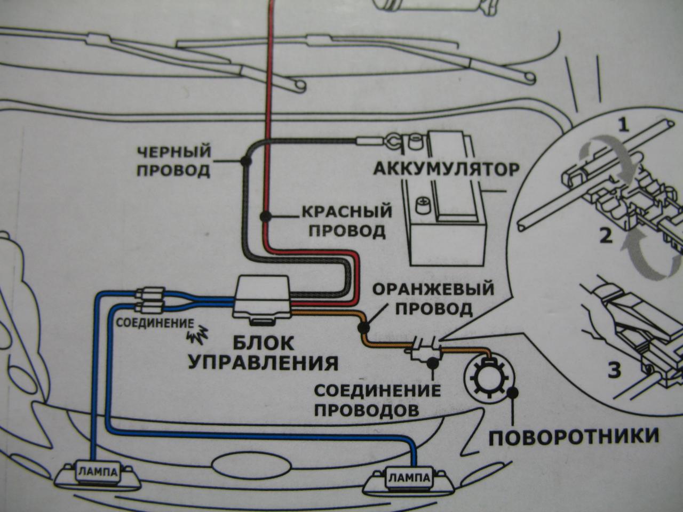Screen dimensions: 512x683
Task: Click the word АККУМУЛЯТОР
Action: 446,170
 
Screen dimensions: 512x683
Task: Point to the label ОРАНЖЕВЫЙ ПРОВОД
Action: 433,299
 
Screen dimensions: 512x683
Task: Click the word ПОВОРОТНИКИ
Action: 574,437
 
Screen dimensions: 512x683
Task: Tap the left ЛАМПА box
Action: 94,471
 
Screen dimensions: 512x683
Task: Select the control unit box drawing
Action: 263,299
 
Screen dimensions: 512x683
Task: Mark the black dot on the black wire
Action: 246,159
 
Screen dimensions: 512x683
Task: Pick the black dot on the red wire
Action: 264,217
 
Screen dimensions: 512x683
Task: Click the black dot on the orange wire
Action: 362,324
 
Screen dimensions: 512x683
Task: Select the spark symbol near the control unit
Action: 197,334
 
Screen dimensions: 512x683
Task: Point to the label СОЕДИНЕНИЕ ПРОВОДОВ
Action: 377,401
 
